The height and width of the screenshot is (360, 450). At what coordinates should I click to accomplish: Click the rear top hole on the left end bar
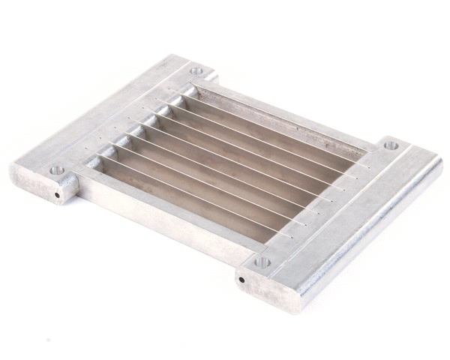(x=196, y=71)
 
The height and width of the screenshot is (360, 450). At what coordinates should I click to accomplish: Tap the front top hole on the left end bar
(x=57, y=171)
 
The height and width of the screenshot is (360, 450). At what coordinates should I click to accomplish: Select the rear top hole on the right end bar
(x=390, y=145)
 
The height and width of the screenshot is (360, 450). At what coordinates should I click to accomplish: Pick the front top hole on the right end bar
(x=262, y=262)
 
